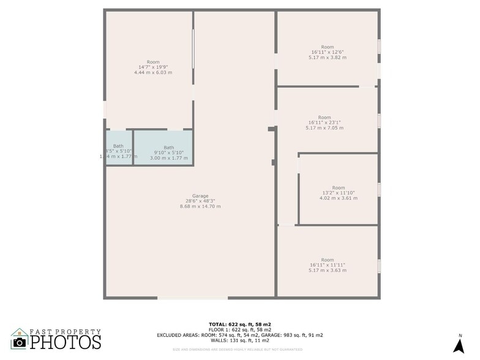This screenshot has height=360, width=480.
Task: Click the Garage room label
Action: (200, 195)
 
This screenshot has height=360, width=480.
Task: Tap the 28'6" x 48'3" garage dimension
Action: (200, 201)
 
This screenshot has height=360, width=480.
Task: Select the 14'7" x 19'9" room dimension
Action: (153, 67)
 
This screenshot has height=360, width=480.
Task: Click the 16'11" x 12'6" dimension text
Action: (328, 52)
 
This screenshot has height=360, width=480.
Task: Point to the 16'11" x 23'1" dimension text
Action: (324, 122)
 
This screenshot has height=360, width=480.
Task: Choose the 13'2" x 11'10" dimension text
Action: (339, 193)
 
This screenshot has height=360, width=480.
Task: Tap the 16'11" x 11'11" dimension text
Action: (328, 264)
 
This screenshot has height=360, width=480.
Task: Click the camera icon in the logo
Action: (20, 342)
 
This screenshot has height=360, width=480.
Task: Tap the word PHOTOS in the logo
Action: (66, 342)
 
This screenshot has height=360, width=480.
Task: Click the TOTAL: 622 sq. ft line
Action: (239, 323)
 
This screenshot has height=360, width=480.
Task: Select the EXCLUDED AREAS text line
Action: (239, 335)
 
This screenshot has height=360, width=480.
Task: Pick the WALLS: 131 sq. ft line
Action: (239, 340)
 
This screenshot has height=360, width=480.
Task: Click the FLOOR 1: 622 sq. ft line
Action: (239, 329)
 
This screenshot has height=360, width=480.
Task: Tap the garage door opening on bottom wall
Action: (193, 298)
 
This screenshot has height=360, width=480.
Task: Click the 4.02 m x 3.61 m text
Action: (339, 198)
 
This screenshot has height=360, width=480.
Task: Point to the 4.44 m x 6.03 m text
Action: (153, 73)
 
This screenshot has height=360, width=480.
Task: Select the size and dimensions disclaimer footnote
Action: (239, 349)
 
